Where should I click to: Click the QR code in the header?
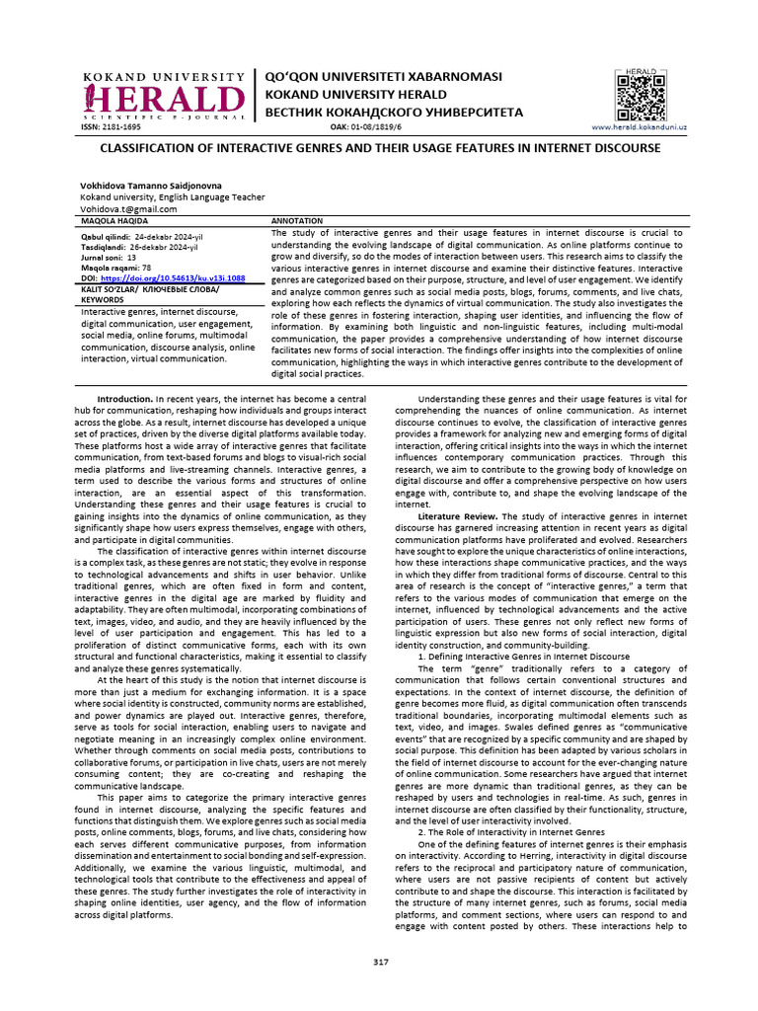click(641, 96)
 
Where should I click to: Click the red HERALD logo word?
click(165, 100)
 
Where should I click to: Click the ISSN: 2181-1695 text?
click(111, 128)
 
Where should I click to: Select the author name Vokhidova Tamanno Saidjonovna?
click(150, 185)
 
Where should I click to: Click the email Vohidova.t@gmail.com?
click(128, 208)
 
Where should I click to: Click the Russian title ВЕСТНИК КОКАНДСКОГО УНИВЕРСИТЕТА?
click(389, 113)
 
